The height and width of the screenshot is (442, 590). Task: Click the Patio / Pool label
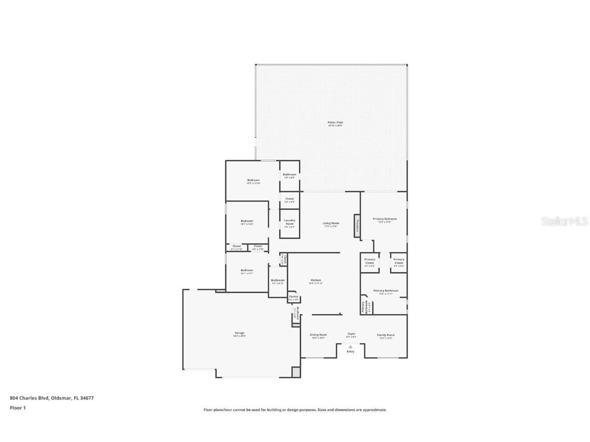pyautogui.click(x=335, y=123)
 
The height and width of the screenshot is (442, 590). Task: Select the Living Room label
pyautogui.click(x=331, y=224)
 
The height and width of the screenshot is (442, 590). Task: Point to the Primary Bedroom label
pyautogui.click(x=384, y=219)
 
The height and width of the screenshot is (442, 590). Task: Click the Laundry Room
pyautogui.click(x=289, y=223)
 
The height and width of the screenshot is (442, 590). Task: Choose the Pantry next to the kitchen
pyautogui.click(x=293, y=297)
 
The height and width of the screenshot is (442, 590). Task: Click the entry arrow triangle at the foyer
pyautogui.click(x=350, y=346)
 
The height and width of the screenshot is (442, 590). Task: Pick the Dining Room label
pyautogui.click(x=318, y=336)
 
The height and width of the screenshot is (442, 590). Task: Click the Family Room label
pyautogui.click(x=386, y=336)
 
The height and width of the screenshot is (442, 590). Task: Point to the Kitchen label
pyautogui.click(x=316, y=281)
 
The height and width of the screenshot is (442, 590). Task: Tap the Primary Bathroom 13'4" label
pyautogui.click(x=386, y=291)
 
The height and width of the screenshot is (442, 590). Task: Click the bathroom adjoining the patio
pyautogui.click(x=289, y=175)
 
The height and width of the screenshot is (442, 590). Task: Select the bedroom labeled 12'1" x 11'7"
pyautogui.click(x=247, y=271)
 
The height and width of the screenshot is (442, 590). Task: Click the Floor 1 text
pyautogui.click(x=17, y=408)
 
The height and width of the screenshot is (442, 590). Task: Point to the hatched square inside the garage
pyautogui.click(x=296, y=372)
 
